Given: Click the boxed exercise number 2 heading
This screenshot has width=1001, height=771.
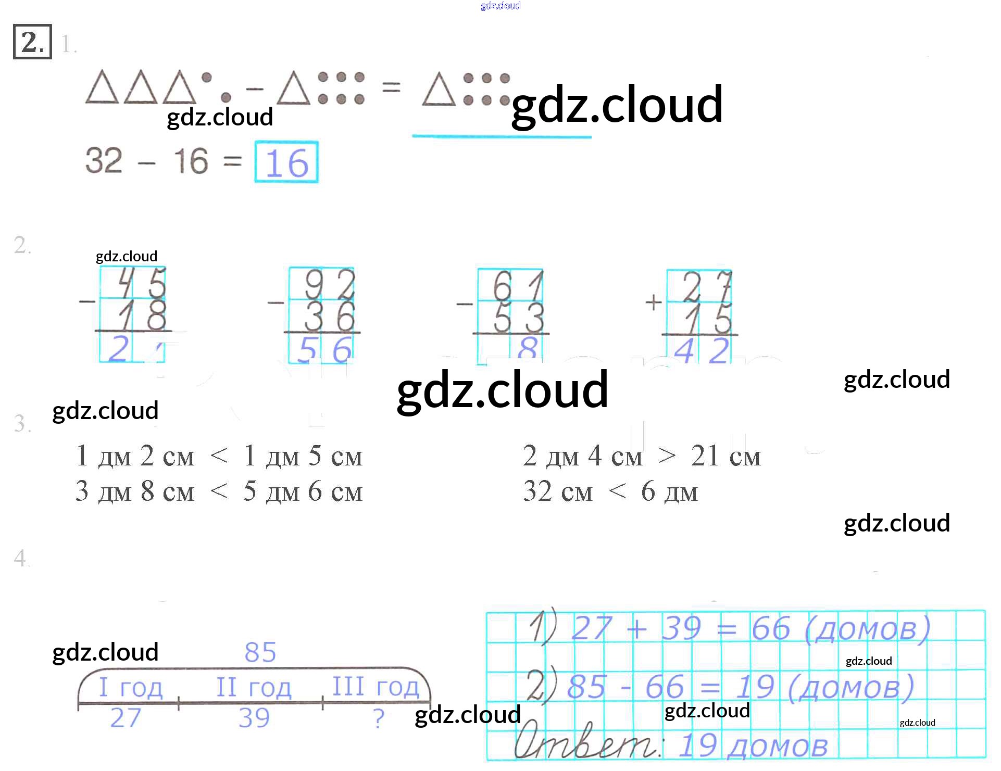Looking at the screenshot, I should [x=32, y=42].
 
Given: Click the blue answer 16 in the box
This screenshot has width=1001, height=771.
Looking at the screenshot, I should [x=286, y=163].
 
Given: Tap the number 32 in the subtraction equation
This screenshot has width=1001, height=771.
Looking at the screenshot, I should [x=104, y=160].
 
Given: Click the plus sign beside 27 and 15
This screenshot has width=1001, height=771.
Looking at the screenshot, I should [x=653, y=302].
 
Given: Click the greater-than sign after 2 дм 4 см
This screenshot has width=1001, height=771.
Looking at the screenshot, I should [x=667, y=457].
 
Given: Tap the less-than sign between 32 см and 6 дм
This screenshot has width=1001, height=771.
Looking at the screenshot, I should [x=618, y=491].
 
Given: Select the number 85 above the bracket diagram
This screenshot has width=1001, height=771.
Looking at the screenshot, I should [x=260, y=652].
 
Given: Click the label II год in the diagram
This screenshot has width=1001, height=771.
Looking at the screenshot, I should [x=254, y=687].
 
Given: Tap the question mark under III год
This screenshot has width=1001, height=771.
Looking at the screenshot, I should [x=379, y=719].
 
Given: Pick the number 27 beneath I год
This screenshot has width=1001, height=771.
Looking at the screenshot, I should [x=126, y=718].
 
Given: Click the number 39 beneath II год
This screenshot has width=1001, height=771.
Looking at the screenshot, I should [x=254, y=718].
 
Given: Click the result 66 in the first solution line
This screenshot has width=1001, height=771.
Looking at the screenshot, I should [x=770, y=628].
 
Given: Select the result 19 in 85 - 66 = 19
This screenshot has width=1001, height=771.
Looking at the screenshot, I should [x=755, y=687].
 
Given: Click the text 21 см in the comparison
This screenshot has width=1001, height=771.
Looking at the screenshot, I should [x=725, y=456].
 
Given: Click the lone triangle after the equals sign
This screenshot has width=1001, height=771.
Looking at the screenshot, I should [x=439, y=90].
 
